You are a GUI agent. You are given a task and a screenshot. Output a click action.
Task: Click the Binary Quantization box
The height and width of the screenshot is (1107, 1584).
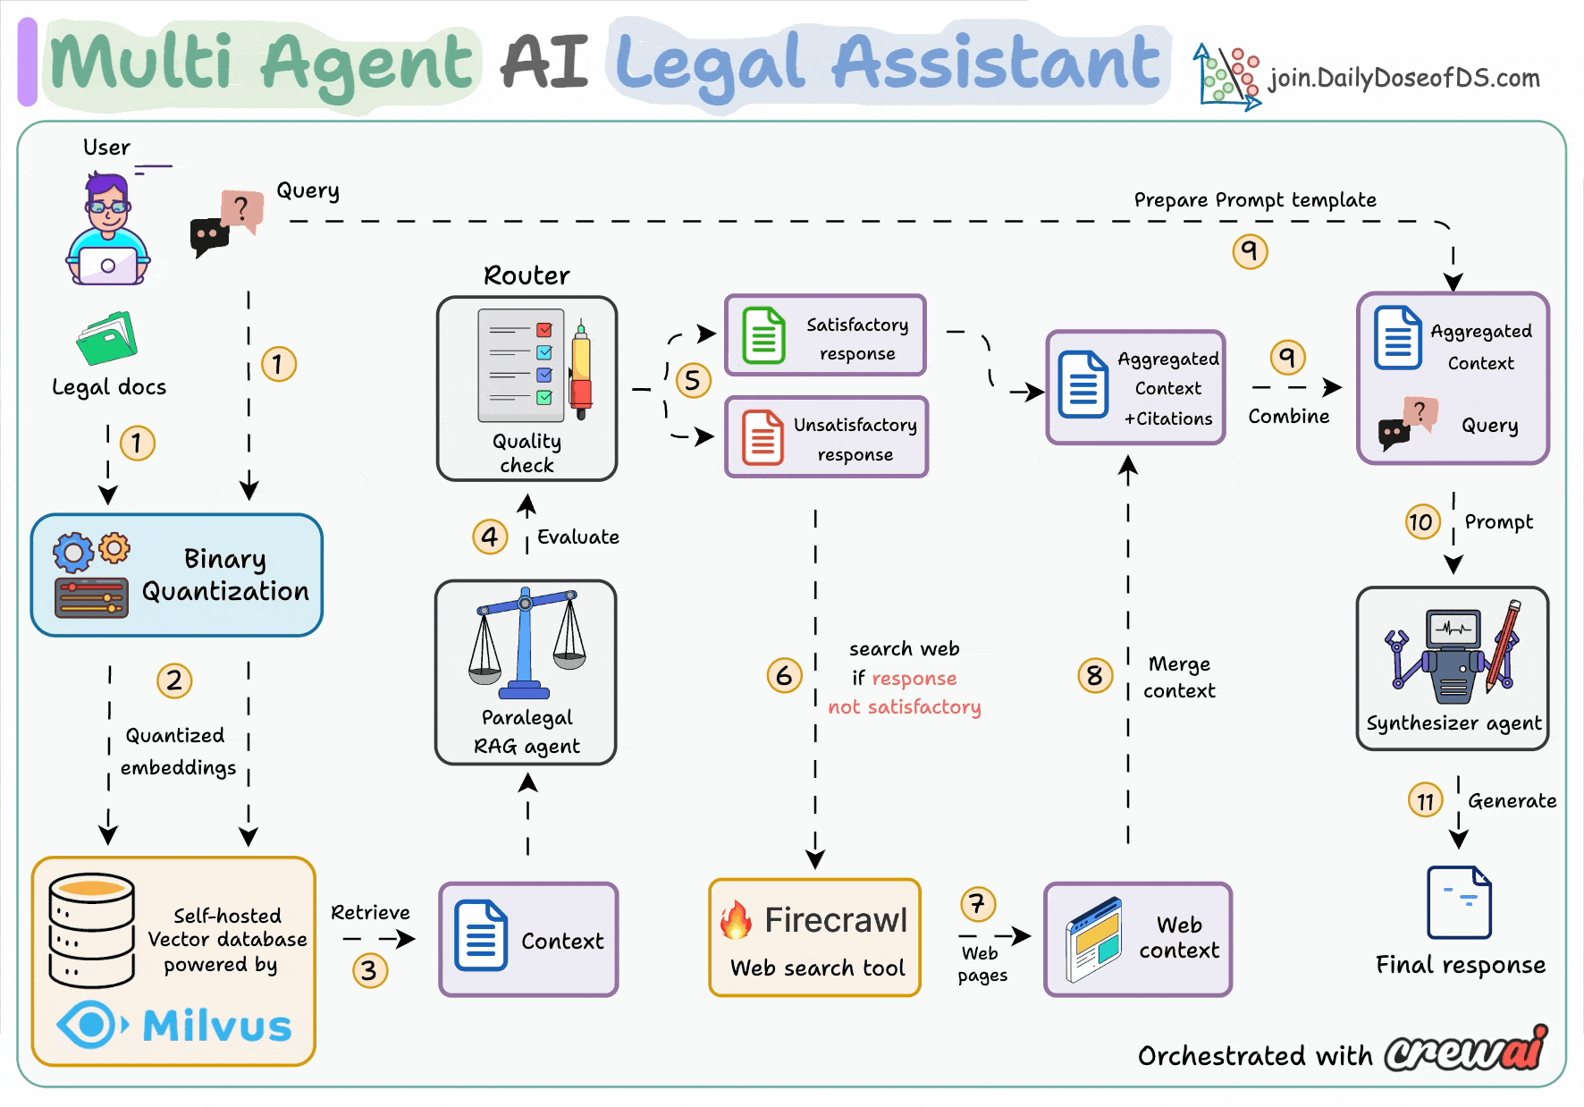176,575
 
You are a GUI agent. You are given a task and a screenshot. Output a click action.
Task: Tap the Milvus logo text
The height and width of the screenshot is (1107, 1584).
217,1026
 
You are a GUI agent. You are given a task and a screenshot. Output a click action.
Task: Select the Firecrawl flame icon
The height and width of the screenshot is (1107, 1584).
737,920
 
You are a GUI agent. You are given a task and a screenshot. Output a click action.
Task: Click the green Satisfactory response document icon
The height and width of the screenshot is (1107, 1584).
764,335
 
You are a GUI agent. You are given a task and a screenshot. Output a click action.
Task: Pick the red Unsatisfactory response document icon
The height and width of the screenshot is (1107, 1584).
763,437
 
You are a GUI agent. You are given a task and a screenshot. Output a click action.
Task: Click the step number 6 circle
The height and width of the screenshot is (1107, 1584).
784,675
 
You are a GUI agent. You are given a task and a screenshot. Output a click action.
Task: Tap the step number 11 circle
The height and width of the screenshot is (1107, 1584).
1426,800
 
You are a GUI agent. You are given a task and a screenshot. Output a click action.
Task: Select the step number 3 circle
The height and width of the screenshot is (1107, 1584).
369,970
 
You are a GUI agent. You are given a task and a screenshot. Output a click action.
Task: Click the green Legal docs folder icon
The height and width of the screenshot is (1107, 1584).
106,339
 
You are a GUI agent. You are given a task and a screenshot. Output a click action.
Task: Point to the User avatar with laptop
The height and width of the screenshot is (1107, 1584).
108,232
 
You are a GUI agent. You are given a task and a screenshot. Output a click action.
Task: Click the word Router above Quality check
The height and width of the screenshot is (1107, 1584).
527,275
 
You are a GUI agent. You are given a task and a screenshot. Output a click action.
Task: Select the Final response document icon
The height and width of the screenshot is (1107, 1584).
1459,902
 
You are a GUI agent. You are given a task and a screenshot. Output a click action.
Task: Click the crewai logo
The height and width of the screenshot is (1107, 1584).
1466,1050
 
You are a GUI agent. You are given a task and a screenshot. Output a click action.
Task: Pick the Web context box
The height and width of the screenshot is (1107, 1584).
1138,939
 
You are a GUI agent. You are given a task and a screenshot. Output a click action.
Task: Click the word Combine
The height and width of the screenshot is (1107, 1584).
1288,417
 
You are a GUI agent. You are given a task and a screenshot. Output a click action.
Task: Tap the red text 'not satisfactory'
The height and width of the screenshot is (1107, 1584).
904,707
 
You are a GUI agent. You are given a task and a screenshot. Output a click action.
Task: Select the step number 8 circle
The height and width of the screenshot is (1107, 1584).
1095,675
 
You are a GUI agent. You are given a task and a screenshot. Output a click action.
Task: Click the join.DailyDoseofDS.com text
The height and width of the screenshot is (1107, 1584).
1403,79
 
